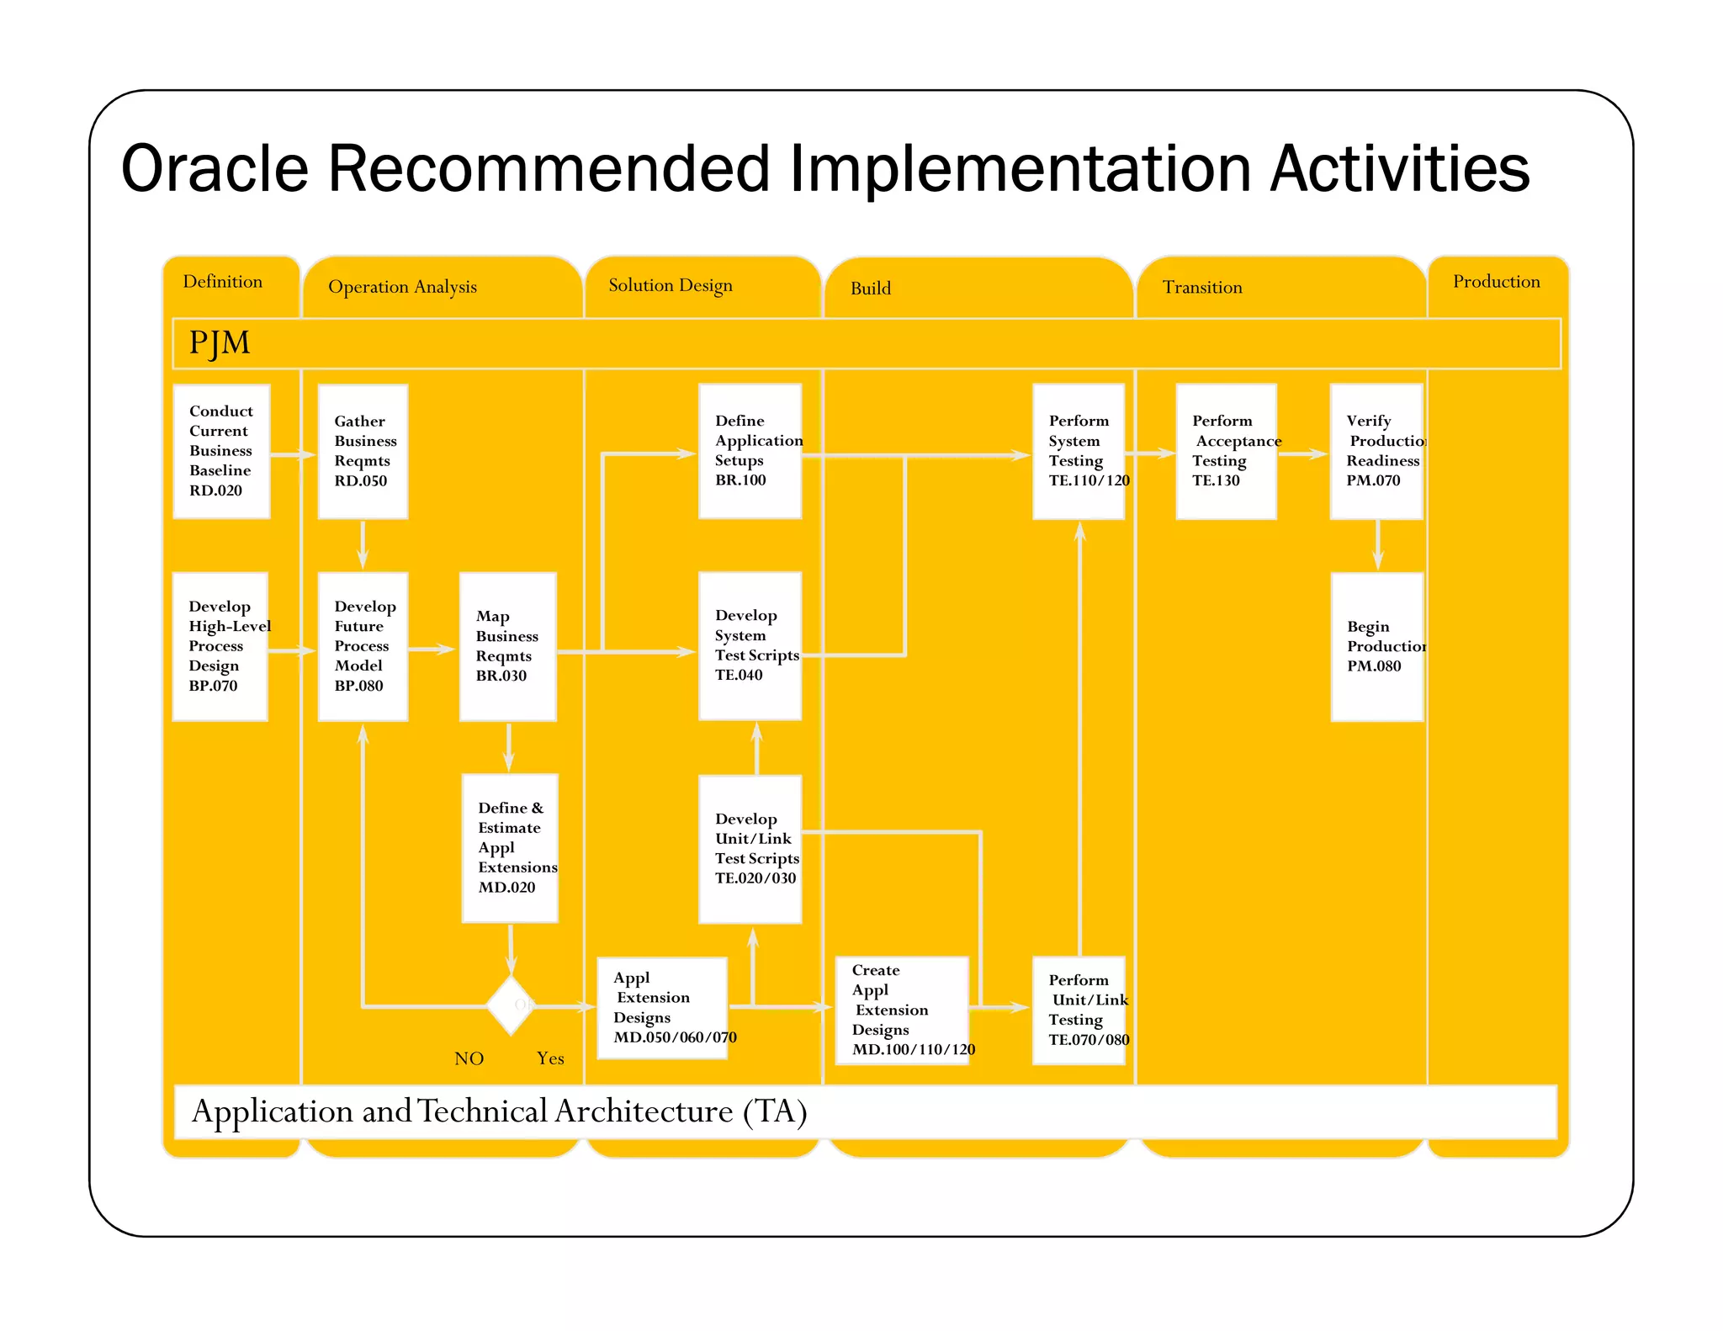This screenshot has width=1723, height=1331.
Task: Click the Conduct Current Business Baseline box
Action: click(x=221, y=451)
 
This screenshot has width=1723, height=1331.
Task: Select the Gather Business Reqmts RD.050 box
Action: click(x=363, y=451)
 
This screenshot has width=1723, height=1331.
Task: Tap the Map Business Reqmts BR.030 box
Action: click(x=507, y=646)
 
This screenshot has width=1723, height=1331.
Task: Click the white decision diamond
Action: click(x=511, y=1005)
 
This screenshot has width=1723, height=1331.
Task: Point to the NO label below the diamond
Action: click(x=469, y=1058)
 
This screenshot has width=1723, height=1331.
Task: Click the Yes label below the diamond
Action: click(x=550, y=1058)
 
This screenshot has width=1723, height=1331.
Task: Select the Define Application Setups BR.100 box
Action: click(x=750, y=451)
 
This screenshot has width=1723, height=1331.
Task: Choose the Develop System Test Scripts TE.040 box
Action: click(x=750, y=645)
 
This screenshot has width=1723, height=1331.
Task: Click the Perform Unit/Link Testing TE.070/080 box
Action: click(x=1079, y=1010)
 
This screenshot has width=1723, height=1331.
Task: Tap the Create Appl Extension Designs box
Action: click(x=902, y=1010)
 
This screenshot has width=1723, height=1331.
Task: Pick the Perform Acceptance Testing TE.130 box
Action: click(x=1226, y=451)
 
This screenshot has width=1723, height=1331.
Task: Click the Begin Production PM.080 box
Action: click(x=1376, y=646)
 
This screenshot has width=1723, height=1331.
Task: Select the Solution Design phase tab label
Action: click(x=671, y=285)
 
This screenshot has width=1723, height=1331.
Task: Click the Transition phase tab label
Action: click(x=1202, y=288)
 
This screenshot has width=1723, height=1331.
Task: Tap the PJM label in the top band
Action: click(x=220, y=343)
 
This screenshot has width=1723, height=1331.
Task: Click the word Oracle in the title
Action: click(x=215, y=169)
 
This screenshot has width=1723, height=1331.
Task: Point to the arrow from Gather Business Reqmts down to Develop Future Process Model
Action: click(x=363, y=544)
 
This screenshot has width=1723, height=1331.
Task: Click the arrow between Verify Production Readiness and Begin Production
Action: click(x=1377, y=545)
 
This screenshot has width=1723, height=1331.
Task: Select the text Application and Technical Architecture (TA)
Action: click(x=500, y=1111)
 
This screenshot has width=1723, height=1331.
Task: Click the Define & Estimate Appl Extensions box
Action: click(x=510, y=847)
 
